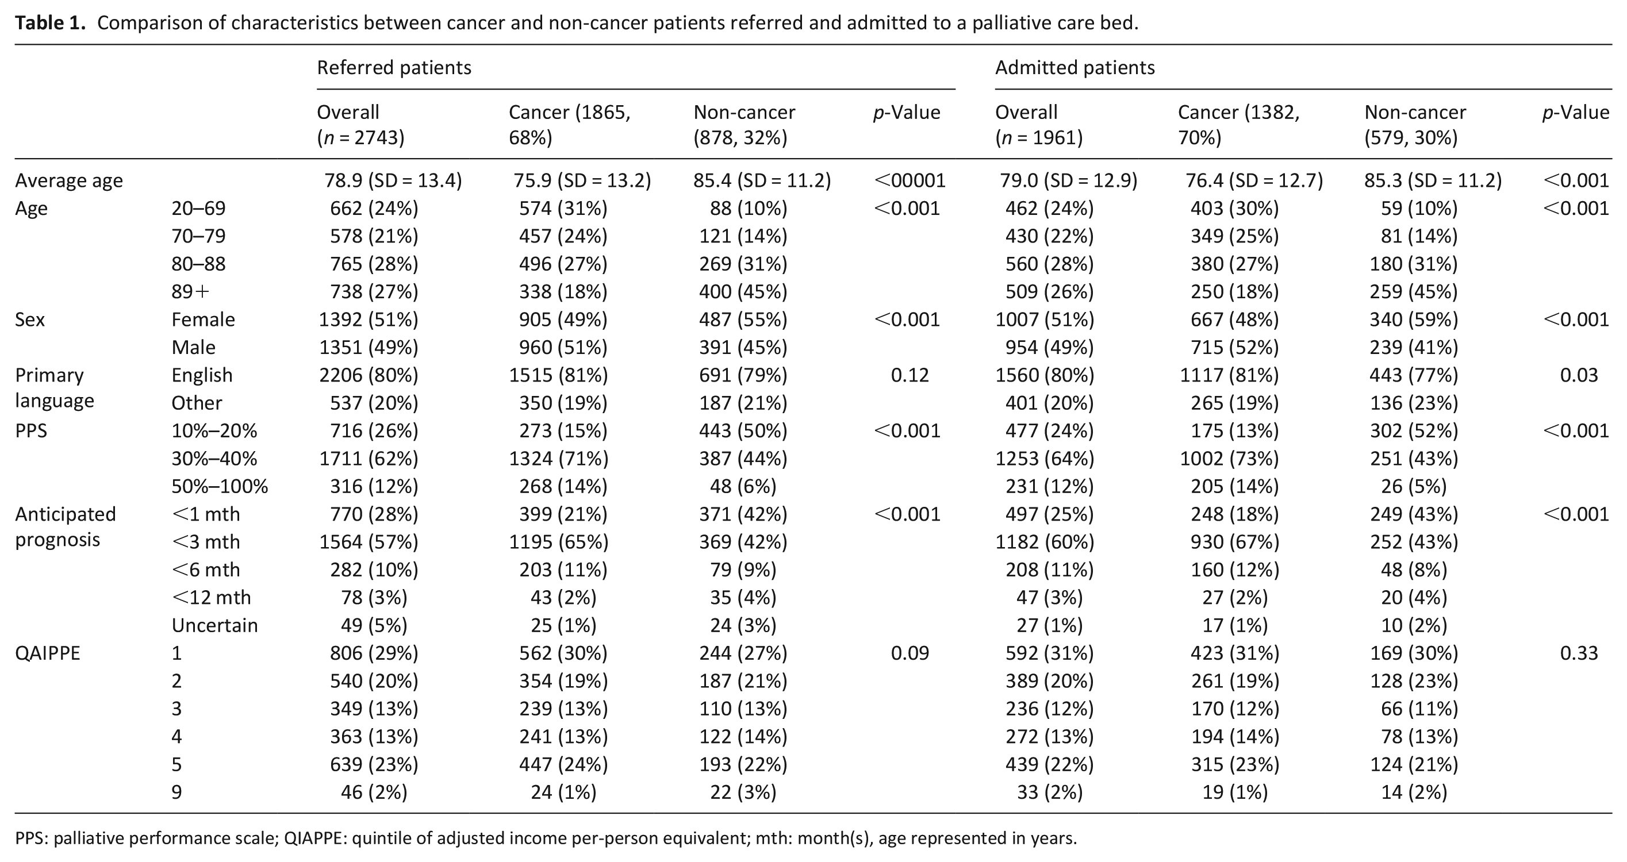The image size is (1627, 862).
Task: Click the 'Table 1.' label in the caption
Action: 50,24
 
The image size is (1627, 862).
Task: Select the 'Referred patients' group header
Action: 394,68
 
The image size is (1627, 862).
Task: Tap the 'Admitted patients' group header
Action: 1075,68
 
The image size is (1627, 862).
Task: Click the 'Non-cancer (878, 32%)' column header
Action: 745,124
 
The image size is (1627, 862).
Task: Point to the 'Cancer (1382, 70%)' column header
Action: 1238,124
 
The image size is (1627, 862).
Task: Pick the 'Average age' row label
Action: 69,180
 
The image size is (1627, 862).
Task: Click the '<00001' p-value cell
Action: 910,180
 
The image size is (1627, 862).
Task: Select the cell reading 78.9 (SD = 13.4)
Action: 393,180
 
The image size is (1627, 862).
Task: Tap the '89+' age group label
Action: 191,292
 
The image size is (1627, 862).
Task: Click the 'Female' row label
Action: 203,320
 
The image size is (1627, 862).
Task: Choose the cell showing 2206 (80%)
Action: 369,375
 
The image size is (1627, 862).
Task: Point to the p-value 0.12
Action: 910,375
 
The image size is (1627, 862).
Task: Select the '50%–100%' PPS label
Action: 220,486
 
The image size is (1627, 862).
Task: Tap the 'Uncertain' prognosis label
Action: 215,625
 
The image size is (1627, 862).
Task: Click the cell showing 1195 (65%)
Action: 558,542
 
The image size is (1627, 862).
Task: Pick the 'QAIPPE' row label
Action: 48,653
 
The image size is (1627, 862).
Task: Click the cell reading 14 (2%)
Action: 1414,792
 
